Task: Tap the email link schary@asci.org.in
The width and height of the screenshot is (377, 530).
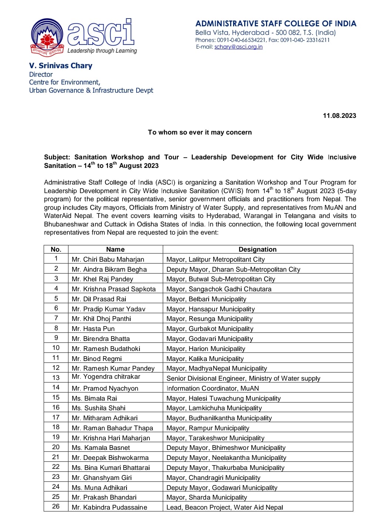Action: (x=238, y=47)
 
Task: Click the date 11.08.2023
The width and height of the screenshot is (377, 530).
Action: (x=339, y=116)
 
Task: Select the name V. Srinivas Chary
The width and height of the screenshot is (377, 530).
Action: (x=61, y=66)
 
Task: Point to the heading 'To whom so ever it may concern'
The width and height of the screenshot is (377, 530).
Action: (x=200, y=132)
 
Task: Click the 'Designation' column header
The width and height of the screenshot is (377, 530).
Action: (x=257, y=249)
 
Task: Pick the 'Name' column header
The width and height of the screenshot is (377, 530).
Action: (x=115, y=249)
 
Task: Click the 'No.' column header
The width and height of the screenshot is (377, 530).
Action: (x=56, y=249)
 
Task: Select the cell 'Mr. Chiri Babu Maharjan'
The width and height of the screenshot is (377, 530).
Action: (x=108, y=259)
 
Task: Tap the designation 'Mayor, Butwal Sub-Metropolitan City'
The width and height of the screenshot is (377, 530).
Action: (x=221, y=279)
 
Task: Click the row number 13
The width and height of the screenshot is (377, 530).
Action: (x=56, y=378)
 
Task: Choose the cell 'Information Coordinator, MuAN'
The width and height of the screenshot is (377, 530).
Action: (x=213, y=388)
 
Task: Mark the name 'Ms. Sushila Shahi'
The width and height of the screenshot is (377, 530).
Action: (x=99, y=408)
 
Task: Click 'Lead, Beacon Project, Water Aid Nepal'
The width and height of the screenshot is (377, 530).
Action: (x=225, y=507)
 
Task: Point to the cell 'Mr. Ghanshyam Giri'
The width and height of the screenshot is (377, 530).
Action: (x=102, y=478)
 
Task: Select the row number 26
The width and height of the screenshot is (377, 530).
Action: (x=56, y=506)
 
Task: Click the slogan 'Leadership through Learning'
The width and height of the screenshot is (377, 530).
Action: (x=102, y=51)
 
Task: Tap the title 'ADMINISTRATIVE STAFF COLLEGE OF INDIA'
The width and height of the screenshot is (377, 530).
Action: (x=276, y=24)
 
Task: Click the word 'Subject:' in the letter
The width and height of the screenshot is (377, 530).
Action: (x=57, y=157)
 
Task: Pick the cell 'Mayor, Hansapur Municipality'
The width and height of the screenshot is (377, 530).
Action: (x=211, y=309)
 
